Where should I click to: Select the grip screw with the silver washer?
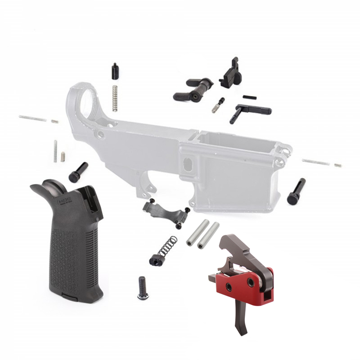tap(141, 288)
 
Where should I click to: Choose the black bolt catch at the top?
tap(230, 74)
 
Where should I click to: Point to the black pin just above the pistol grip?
tap(78, 172)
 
